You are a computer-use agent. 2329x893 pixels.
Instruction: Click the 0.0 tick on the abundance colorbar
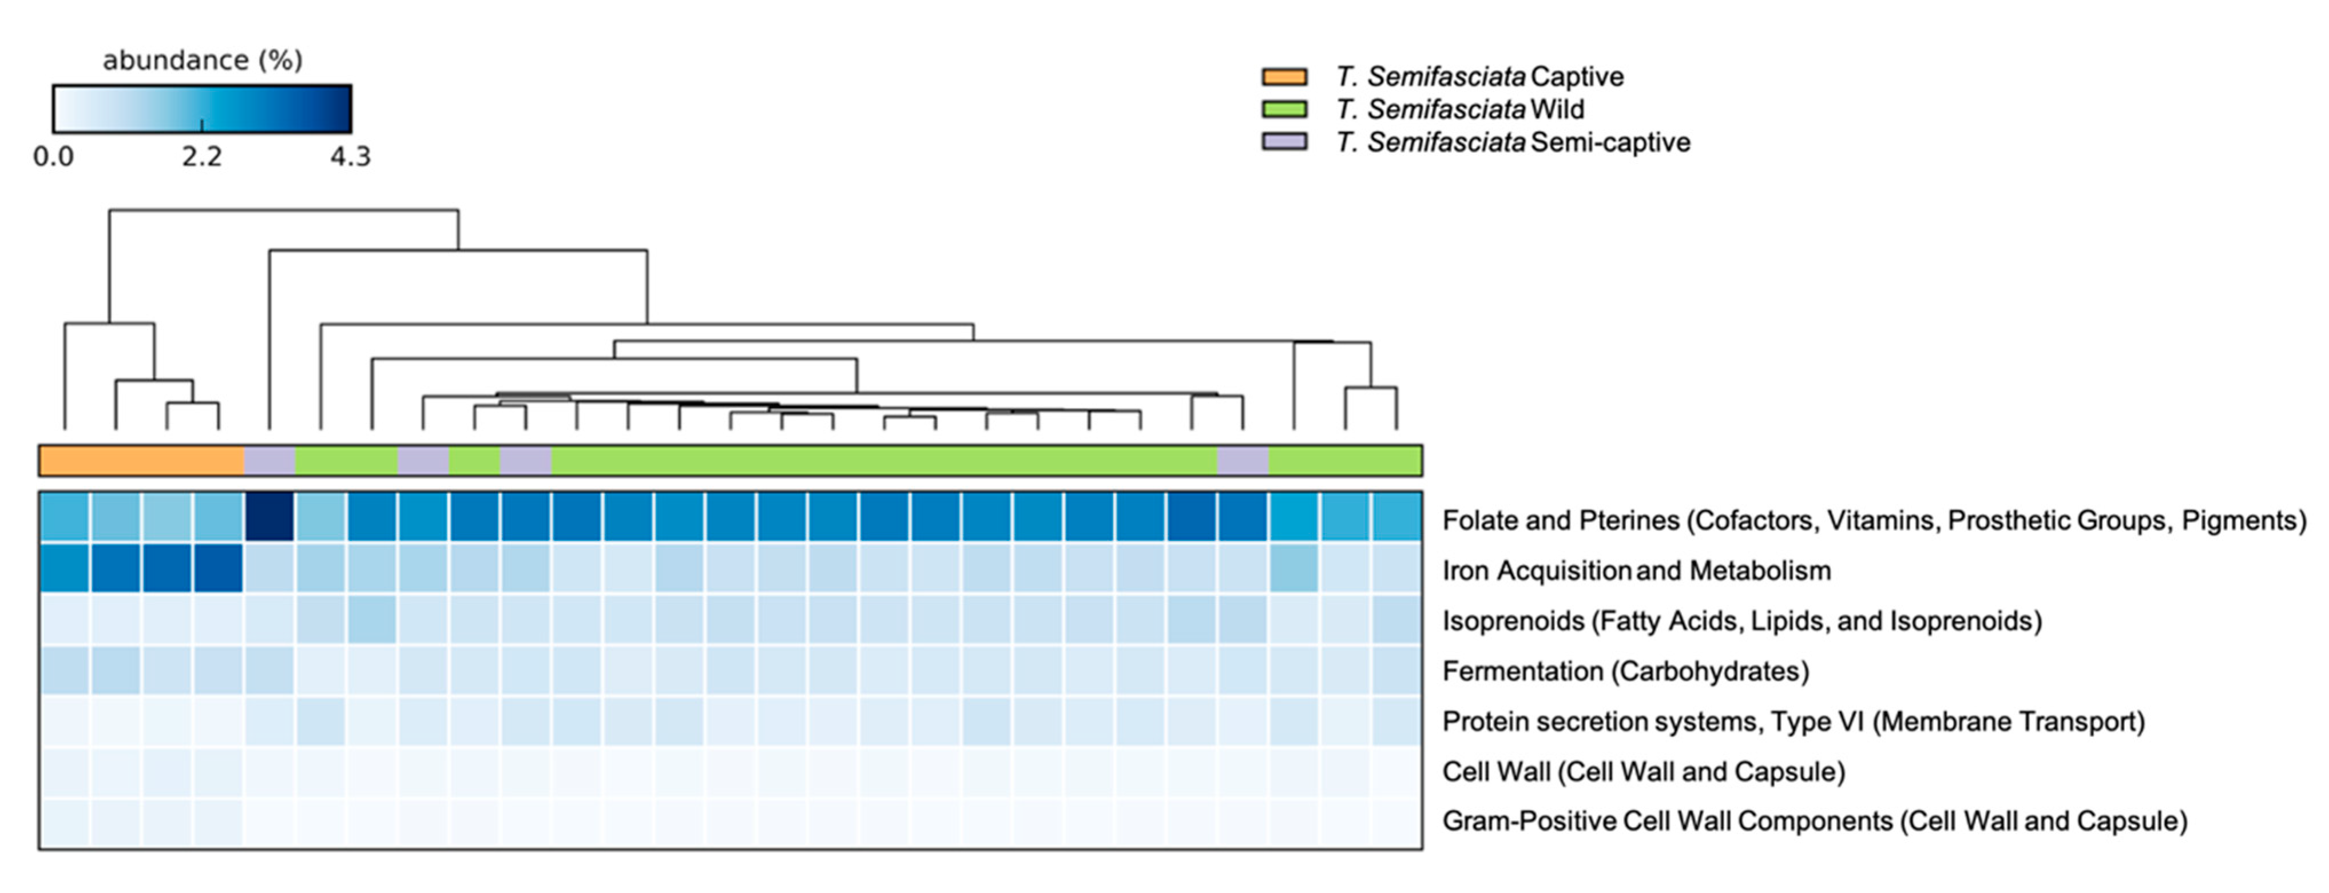click(53, 157)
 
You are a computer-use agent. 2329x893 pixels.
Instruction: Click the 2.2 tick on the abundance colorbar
click(201, 157)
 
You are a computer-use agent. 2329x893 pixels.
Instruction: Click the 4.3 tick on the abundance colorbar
click(350, 157)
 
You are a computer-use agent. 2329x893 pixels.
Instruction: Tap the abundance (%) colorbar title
click(203, 61)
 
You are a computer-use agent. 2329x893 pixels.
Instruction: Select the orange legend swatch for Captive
click(1284, 77)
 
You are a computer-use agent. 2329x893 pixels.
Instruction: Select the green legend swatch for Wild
click(1284, 109)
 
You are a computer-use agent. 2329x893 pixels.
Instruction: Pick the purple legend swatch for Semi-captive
click(1284, 142)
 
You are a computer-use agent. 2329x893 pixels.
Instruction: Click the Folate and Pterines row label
click(1873, 521)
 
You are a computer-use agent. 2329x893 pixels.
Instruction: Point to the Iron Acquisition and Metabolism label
click(1636, 571)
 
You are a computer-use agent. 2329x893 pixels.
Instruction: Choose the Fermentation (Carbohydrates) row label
click(1625, 672)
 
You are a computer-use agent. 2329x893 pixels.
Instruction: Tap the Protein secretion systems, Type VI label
click(1793, 721)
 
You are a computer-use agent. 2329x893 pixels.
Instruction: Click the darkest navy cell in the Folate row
click(269, 517)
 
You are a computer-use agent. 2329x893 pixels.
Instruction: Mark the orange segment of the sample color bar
click(141, 460)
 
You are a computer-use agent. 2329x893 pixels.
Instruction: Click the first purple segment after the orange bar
click(269, 460)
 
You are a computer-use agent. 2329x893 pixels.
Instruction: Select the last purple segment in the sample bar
click(1242, 460)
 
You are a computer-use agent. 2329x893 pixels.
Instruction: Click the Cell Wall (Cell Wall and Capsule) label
click(1643, 772)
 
